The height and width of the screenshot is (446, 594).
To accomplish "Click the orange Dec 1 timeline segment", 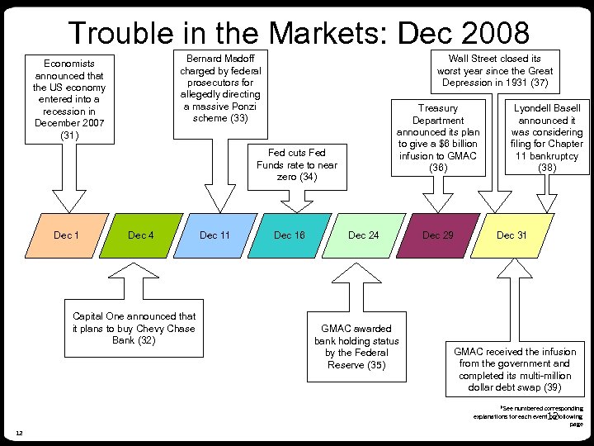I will [x=66, y=235].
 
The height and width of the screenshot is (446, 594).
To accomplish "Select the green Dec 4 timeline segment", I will [x=140, y=235].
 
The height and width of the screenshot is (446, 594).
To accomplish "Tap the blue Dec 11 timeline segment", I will [x=214, y=235].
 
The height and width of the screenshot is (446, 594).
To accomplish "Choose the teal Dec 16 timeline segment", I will [x=289, y=235].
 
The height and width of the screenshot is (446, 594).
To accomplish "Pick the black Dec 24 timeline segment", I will [x=363, y=235].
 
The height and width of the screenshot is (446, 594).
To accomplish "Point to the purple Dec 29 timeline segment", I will [x=437, y=235].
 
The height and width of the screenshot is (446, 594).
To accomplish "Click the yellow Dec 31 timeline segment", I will [x=511, y=235].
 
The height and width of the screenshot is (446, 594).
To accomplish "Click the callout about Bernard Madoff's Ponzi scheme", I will [x=220, y=88].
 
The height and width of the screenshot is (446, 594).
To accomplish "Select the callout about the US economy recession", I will [x=69, y=99].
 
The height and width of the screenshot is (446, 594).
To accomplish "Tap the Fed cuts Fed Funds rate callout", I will [x=297, y=165].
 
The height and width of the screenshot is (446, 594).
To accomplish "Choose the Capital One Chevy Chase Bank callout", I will [x=134, y=328].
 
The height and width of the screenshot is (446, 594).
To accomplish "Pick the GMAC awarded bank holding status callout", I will [x=356, y=347].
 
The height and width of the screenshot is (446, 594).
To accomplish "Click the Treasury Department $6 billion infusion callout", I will [x=438, y=138].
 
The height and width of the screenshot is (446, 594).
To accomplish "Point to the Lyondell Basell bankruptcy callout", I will [x=547, y=138].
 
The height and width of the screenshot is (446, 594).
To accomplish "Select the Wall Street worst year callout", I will [x=495, y=71].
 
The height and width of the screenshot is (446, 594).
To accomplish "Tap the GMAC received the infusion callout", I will [x=515, y=369].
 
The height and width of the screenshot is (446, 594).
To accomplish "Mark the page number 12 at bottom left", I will [x=18, y=433].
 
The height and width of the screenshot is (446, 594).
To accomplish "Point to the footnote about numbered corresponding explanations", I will [x=528, y=415].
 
